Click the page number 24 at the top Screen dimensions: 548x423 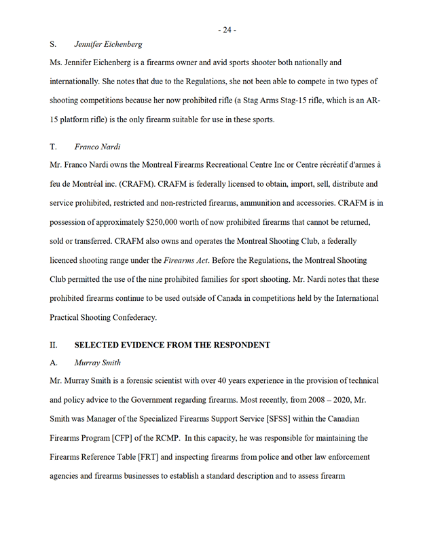[x=227, y=30]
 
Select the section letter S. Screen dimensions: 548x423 [x=53, y=44]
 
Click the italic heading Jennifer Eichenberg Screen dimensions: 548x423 [x=108, y=44]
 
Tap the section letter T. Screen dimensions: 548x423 [x=53, y=146]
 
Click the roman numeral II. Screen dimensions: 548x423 [x=54, y=345]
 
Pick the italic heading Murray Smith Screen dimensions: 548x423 [x=98, y=363]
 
